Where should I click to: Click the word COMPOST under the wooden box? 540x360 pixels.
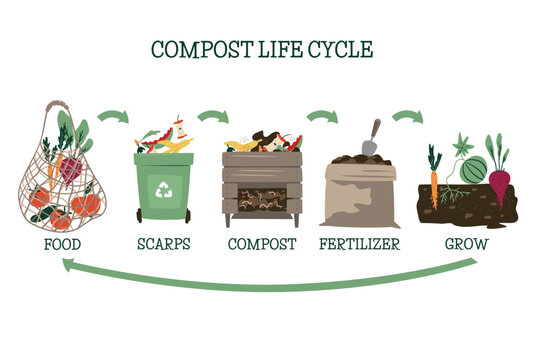point(263,242)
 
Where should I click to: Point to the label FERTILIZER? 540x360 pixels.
point(361,242)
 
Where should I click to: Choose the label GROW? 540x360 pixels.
point(467,242)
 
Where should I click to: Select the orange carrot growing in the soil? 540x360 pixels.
point(435,181)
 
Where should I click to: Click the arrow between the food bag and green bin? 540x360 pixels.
point(113,116)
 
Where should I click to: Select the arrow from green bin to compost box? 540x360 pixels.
point(213,117)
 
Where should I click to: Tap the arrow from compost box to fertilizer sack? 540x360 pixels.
point(321,117)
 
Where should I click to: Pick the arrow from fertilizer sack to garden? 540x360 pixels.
point(407,117)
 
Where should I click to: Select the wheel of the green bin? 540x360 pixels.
point(140,217)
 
